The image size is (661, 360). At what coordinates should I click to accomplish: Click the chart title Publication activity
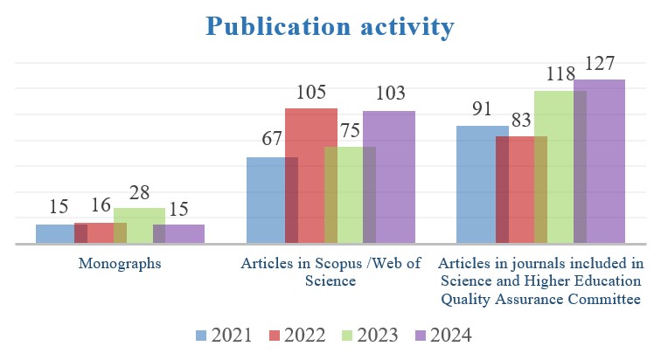tap(330, 26)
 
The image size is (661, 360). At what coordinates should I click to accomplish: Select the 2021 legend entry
tap(224, 336)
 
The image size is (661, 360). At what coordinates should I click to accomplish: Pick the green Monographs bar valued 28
tap(139, 225)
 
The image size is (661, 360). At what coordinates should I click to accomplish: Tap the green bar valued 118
tap(560, 166)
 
